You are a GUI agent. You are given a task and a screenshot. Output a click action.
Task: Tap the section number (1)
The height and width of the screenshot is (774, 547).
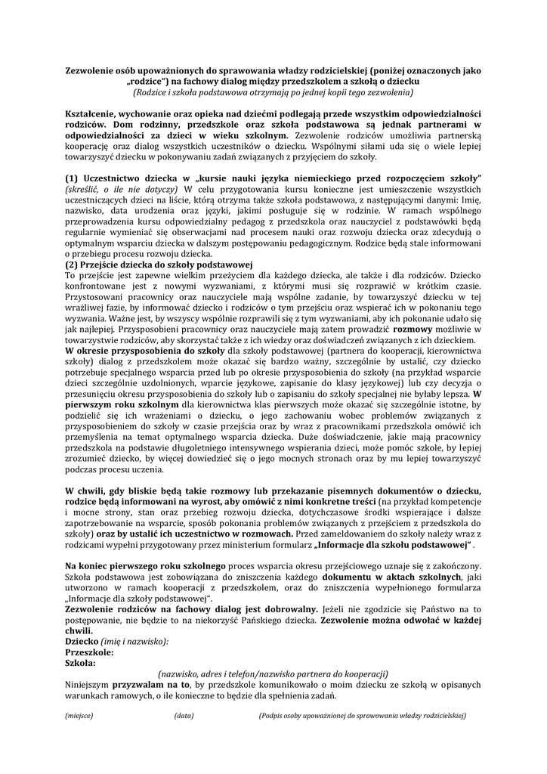(73, 177)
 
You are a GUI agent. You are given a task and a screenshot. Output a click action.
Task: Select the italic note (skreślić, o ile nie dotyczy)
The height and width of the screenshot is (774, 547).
(123, 187)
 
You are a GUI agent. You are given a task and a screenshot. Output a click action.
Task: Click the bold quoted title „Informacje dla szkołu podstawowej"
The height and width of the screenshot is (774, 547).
(385, 544)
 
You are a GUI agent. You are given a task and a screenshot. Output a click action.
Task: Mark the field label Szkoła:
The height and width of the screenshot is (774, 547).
(80, 662)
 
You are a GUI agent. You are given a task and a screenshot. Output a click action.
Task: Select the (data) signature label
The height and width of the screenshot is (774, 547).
(184, 714)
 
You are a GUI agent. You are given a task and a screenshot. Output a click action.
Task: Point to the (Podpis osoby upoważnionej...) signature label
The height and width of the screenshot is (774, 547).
(362, 714)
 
